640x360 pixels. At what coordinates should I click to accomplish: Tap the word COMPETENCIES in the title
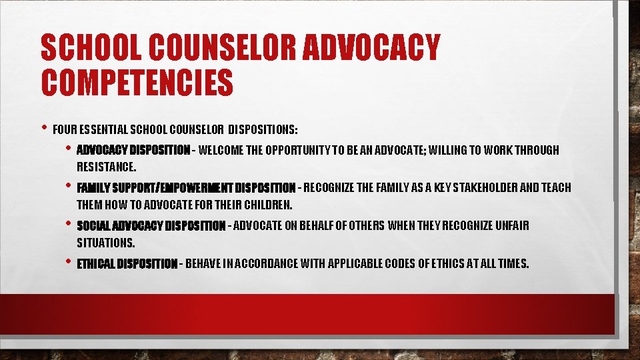point(137,83)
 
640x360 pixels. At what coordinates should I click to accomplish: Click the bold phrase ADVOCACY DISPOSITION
point(133,150)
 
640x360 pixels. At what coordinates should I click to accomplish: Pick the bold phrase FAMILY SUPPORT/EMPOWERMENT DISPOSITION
point(186,188)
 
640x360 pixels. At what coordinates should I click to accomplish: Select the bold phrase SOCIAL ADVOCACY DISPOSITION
point(151,226)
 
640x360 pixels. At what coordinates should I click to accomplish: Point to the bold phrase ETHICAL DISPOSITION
point(127,264)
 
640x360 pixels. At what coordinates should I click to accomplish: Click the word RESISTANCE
point(106,166)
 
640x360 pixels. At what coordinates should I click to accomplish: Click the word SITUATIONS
point(105,242)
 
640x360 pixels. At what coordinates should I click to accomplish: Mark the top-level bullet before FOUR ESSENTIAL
point(43,127)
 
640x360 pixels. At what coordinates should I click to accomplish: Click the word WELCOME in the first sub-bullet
point(221,150)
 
